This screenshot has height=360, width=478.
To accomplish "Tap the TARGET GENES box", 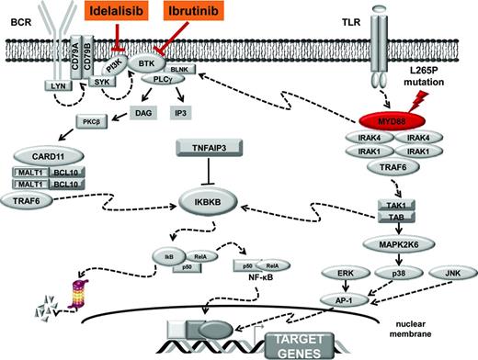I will click(314, 344).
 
